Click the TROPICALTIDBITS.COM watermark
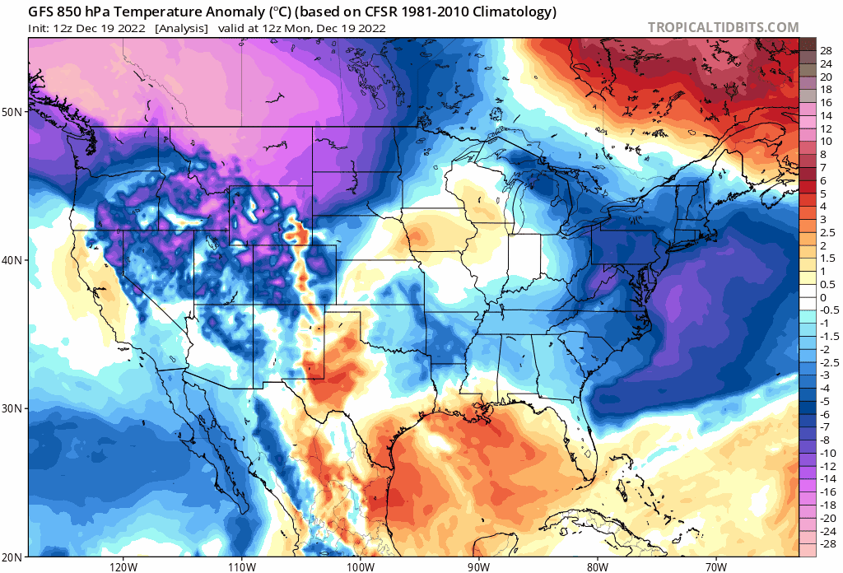coord(723,28)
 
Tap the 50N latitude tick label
coord(15,111)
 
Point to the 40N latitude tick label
coord(15,260)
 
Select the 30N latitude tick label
coord(15,408)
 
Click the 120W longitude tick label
coord(122,566)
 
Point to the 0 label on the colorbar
coord(822,297)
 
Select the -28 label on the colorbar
coord(827,544)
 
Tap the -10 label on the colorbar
coord(827,453)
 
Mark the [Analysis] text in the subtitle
coord(182,28)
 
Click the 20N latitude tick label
coord(15,556)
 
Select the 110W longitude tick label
coord(240,566)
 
